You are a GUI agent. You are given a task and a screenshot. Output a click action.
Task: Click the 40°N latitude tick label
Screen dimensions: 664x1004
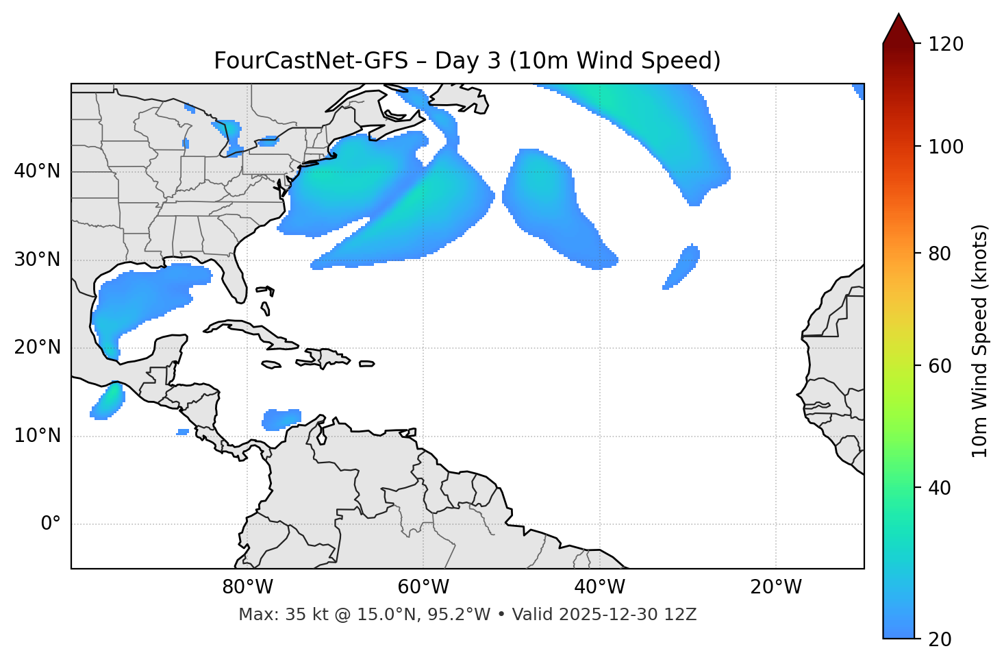pyautogui.click(x=37, y=171)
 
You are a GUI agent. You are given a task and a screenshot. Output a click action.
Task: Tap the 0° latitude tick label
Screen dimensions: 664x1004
pyautogui.click(x=50, y=524)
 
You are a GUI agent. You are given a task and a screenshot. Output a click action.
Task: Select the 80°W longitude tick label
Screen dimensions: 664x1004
pyautogui.click(x=247, y=587)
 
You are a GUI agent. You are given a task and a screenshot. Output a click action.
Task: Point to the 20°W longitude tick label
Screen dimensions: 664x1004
pyautogui.click(x=776, y=587)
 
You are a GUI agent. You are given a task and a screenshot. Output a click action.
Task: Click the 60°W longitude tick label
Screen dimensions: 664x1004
pyautogui.click(x=423, y=587)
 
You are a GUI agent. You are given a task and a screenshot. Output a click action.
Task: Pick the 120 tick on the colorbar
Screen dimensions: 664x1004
pyautogui.click(x=945, y=45)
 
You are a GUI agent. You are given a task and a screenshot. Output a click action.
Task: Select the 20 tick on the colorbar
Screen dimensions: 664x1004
pyautogui.click(x=940, y=639)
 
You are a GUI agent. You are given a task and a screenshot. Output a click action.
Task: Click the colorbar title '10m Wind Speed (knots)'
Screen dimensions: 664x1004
pyautogui.click(x=980, y=341)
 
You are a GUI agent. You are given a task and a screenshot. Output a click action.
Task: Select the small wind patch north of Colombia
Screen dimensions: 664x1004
pyautogui.click(x=282, y=419)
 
